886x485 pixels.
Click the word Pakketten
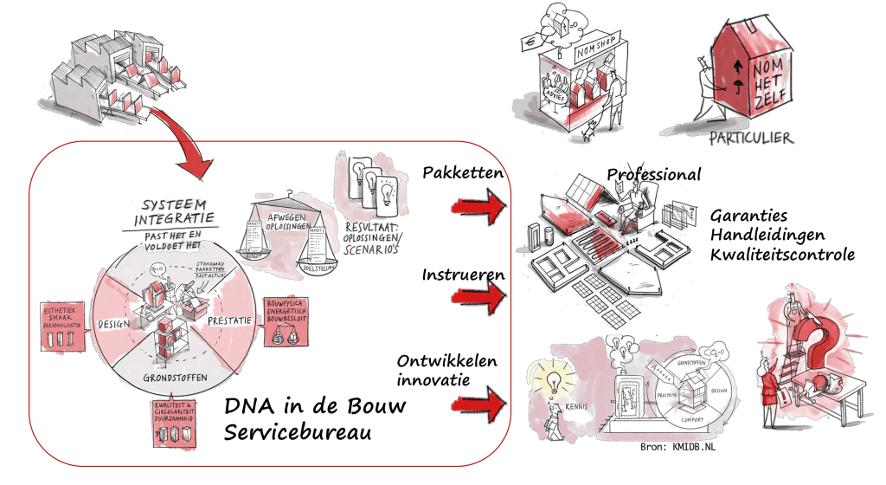coord(463,174)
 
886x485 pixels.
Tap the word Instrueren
coord(463,275)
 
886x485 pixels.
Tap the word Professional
coord(653,174)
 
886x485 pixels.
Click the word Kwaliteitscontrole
coord(782,255)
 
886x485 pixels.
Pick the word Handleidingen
coord(767,235)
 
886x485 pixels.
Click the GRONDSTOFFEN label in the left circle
coord(171,378)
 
